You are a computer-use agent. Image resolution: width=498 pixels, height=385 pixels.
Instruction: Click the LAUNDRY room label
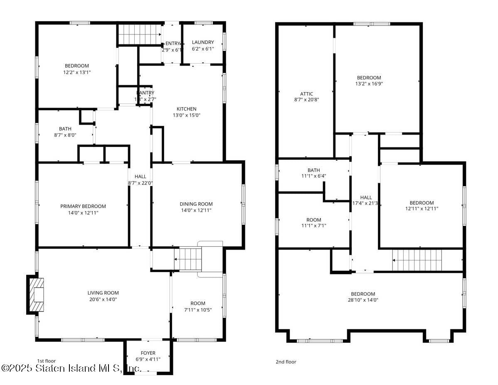tap(203, 42)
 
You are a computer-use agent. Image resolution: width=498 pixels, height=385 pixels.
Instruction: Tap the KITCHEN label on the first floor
tap(187, 109)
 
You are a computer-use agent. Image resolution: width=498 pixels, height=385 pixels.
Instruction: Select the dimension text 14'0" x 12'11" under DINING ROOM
tap(196, 211)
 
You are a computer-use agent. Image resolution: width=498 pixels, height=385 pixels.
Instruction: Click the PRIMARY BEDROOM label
tap(83, 206)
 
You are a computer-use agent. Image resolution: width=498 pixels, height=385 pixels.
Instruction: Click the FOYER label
tap(148, 353)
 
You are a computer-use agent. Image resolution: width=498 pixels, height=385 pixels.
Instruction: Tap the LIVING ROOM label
tap(103, 293)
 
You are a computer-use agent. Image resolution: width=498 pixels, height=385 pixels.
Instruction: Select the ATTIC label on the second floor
tap(306, 94)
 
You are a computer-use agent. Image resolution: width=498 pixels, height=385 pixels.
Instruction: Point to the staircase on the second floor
tap(417, 260)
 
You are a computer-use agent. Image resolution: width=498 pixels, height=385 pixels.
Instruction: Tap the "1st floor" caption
tap(46, 361)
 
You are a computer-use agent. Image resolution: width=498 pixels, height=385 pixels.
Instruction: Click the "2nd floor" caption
tap(286, 362)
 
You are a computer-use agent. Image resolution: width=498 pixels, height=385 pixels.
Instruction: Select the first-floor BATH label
tap(65, 129)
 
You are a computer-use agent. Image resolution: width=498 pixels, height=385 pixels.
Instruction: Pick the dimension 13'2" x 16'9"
tap(369, 83)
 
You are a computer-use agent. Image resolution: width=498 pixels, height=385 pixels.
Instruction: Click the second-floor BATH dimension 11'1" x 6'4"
tap(314, 176)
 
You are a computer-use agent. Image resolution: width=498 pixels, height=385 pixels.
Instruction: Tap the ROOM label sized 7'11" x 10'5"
tap(198, 303)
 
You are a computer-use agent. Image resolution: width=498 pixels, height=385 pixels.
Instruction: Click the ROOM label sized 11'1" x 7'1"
tap(314, 220)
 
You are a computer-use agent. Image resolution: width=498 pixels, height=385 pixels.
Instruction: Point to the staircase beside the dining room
tap(187, 259)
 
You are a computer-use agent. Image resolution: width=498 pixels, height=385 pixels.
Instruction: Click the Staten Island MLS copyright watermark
tap(71, 368)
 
